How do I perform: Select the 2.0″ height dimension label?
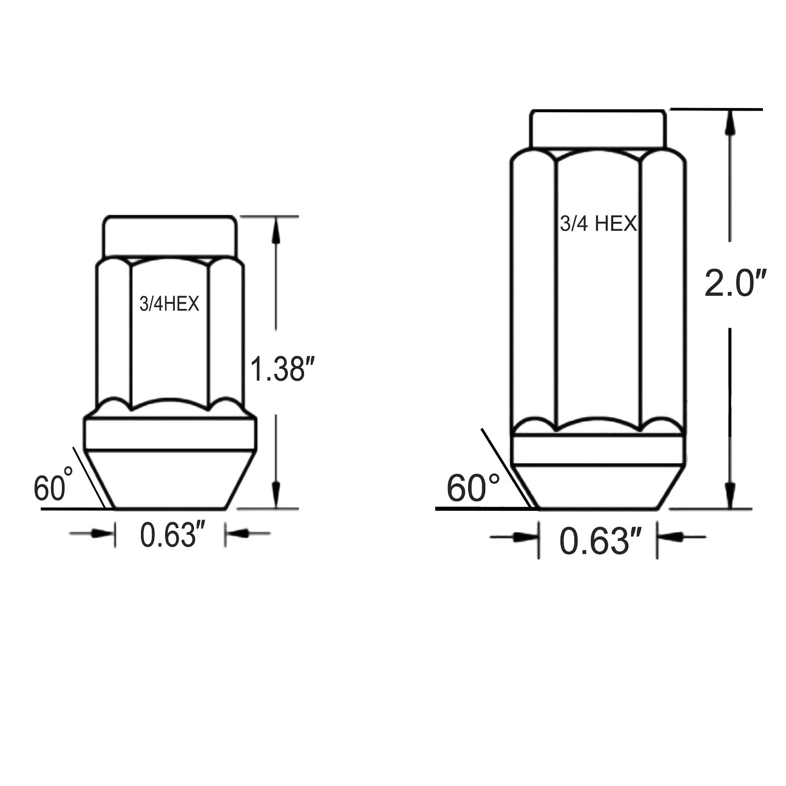coord(735,283)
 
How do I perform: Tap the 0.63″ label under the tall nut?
coord(600,541)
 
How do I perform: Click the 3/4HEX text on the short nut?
coord(169,304)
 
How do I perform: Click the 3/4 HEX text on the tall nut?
coord(598,224)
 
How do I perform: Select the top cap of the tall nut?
coord(598,128)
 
